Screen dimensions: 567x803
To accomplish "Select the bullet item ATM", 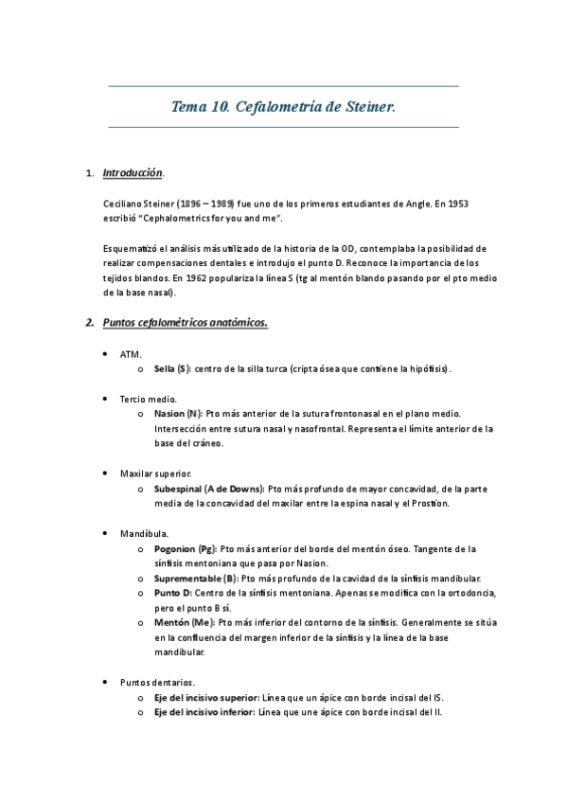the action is [130, 353].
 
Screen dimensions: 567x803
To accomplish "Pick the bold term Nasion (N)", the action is [177, 413].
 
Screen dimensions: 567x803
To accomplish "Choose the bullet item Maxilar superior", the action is [155, 473].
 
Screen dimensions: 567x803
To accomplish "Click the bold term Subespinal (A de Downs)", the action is [208, 488].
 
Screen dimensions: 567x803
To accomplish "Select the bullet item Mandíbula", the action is [144, 533].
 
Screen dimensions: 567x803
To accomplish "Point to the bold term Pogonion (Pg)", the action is [184, 548].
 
